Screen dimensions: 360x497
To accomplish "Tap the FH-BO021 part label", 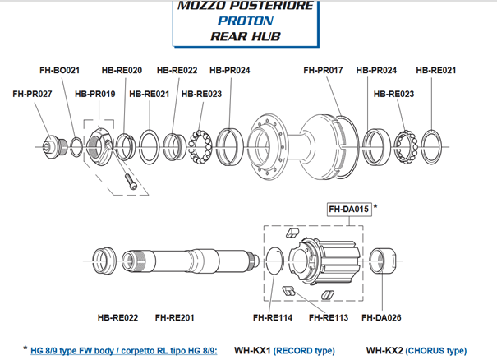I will (61, 70).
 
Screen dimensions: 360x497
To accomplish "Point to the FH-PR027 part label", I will (33, 95).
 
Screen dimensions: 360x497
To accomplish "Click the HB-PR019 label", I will (94, 95).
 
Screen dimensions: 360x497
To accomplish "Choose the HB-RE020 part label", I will (122, 70).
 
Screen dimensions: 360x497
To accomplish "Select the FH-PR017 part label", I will (324, 70).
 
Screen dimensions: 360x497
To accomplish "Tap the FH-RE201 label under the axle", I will (175, 317).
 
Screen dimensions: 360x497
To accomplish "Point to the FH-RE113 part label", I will (328, 317).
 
